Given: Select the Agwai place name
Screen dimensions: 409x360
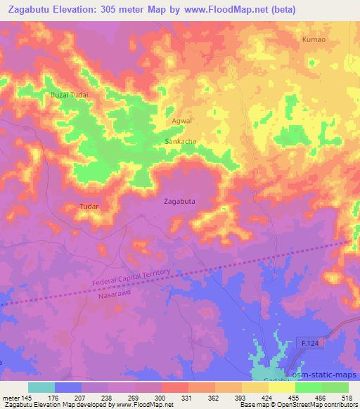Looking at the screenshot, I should (x=182, y=121).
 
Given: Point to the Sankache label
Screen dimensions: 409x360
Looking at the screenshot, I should (x=180, y=141).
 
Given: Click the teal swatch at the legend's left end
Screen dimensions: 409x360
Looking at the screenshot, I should (x=41, y=387).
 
